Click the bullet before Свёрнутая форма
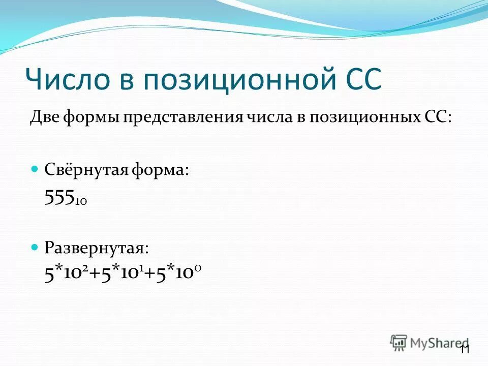point(35,168)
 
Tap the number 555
point(59,198)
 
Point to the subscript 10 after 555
point(81,202)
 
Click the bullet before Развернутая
point(35,248)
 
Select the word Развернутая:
point(97,249)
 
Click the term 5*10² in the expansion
point(68,273)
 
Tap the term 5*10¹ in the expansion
point(120,273)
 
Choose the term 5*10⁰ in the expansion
point(175,273)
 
